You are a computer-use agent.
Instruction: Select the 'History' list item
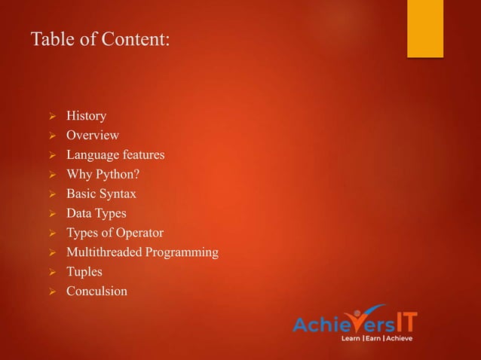point(86,116)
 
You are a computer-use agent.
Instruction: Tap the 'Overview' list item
point(92,136)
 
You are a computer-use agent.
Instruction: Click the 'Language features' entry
point(115,155)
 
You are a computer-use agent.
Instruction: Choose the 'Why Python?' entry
point(103,175)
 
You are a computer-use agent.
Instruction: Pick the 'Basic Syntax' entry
point(101,194)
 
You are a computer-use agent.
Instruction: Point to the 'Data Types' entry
point(96,214)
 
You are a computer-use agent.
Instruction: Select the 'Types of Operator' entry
point(115,233)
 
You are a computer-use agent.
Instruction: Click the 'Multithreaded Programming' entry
point(142,252)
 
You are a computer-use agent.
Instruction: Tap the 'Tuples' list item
point(84,271)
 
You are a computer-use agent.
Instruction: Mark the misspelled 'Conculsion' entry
point(97,291)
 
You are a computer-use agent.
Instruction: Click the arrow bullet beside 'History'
point(52,117)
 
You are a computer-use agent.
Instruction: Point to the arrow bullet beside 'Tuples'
point(52,272)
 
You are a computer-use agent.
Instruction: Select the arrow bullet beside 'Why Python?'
point(52,175)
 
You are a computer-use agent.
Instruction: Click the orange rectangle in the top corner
point(425,28)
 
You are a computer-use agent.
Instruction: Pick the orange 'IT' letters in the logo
point(405,322)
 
